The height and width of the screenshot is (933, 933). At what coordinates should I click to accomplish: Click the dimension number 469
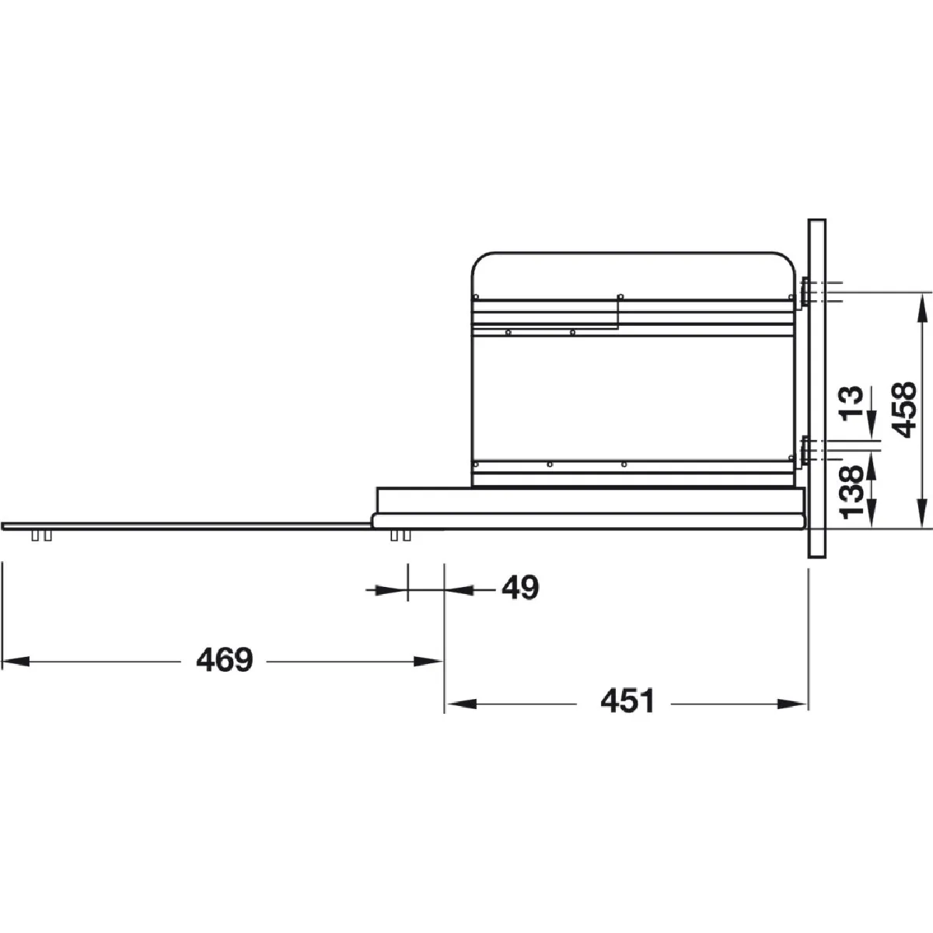click(225, 659)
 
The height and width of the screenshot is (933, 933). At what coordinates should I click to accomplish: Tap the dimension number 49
click(520, 589)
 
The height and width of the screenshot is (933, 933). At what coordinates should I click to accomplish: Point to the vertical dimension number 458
click(903, 410)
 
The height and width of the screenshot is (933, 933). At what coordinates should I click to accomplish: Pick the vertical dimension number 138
click(851, 492)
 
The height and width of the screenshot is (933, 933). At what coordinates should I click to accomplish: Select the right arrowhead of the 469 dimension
click(428, 662)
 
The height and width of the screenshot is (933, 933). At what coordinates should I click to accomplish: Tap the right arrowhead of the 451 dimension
click(793, 704)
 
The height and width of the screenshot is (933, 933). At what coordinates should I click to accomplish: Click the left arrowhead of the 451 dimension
click(460, 704)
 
